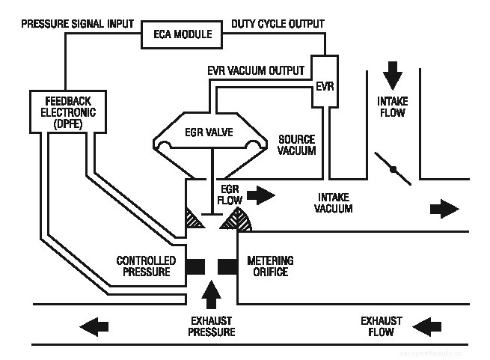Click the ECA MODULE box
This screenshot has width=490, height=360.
183,34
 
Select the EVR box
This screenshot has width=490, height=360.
324,86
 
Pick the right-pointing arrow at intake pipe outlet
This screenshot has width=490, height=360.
447,207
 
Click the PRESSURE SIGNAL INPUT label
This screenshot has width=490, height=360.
76,23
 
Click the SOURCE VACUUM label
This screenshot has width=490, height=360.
296,144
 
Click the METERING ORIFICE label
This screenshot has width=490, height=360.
270,266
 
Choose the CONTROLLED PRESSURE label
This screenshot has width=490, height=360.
146,266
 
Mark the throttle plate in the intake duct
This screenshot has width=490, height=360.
393,169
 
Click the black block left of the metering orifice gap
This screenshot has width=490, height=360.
196,266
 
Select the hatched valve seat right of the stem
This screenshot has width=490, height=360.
241,219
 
